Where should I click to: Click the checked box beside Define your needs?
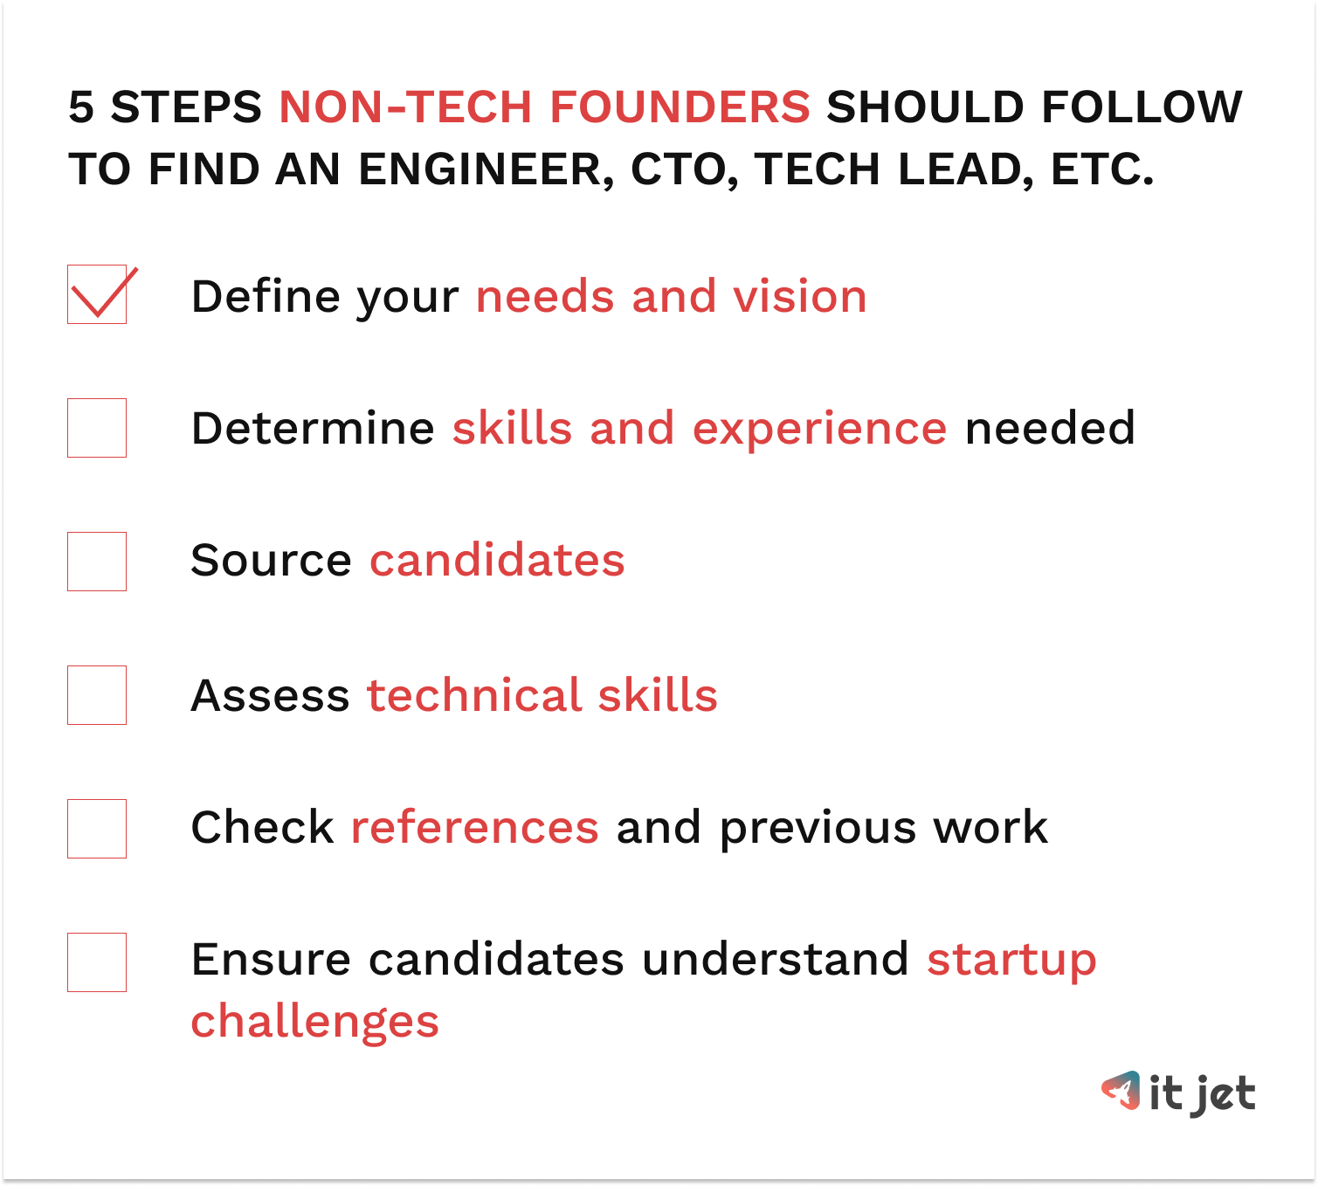pyautogui.click(x=97, y=294)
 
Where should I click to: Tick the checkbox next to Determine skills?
pyautogui.click(x=97, y=428)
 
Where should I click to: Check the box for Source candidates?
pyautogui.click(x=97, y=562)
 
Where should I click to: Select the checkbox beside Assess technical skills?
pyautogui.click(x=97, y=695)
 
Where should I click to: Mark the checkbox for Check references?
pyautogui.click(x=97, y=829)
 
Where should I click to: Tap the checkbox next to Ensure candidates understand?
pyautogui.click(x=97, y=962)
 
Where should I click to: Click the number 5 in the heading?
pyautogui.click(x=81, y=107)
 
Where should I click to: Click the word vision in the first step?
pyautogui.click(x=799, y=297)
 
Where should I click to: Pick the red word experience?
pyautogui.click(x=819, y=429)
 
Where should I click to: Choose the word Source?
pyautogui.click(x=271, y=561)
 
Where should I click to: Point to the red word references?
pyautogui.click(x=474, y=828)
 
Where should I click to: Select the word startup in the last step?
pyautogui.click(x=1011, y=961)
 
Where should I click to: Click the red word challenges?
pyautogui.click(x=314, y=1023)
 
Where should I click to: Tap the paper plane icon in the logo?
pyautogui.click(x=1121, y=1091)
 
